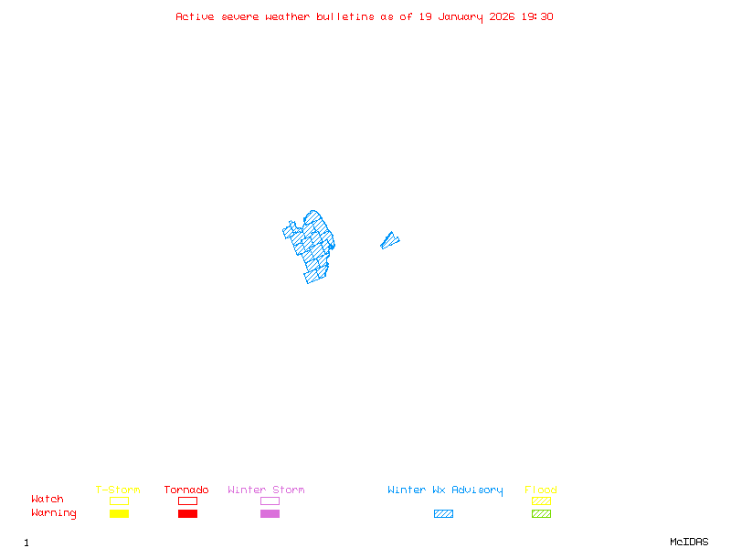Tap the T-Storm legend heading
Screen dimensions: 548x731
click(x=118, y=490)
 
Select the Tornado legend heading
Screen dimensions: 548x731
click(x=186, y=490)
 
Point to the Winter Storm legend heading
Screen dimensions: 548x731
click(x=266, y=490)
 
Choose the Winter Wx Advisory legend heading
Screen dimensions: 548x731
click(x=445, y=490)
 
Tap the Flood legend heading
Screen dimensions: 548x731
click(x=541, y=490)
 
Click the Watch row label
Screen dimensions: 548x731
click(x=48, y=500)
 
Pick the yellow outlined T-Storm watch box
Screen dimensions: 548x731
click(x=119, y=501)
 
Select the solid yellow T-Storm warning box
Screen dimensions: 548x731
click(x=119, y=513)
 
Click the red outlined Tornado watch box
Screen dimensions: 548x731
click(x=187, y=501)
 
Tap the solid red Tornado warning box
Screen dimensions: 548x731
click(x=187, y=513)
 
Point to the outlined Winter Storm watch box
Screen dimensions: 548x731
click(x=270, y=501)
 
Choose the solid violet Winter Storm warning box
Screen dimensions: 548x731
click(x=270, y=513)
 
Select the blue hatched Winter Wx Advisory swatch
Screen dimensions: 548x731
click(x=443, y=513)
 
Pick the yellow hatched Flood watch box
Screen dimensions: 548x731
click(x=541, y=501)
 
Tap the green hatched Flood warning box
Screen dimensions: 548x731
click(x=541, y=513)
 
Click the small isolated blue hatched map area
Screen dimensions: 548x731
click(x=389, y=241)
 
